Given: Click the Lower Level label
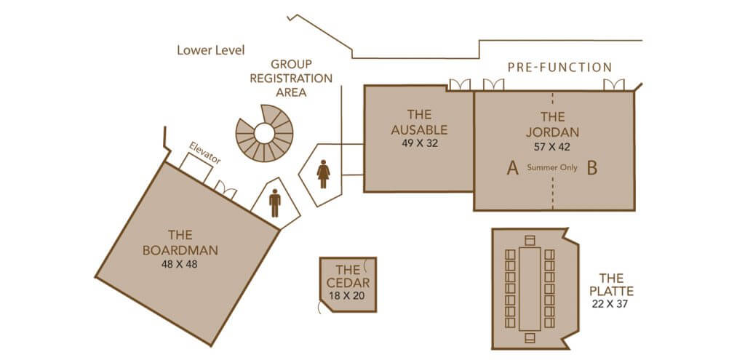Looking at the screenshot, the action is pos(210,50).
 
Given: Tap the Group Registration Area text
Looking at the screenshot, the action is pos(291,78).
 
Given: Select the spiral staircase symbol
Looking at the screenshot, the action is pos(264,134).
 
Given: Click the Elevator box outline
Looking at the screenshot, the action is pos(196,168).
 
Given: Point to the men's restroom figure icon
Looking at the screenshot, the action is pos(275,203).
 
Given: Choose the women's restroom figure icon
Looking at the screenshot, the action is pos(324,174).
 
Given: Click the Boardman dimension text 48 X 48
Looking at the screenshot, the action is pos(179,264).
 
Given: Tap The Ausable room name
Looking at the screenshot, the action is pos(419,122).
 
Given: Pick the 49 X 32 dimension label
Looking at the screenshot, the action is pos(420,143).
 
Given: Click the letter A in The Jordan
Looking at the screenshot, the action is pos(512,168).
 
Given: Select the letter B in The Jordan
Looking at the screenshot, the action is pos(591,168).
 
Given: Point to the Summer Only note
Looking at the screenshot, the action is pos(552,168).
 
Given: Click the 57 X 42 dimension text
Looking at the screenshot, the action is pos(552,147).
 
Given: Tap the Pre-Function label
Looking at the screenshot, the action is pos(559,68).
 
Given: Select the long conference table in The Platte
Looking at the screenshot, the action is pos(530,289).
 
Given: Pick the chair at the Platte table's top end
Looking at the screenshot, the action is pos(530,239).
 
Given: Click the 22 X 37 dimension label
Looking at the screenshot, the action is pos(610,304).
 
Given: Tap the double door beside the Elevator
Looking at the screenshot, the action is pos(226,190).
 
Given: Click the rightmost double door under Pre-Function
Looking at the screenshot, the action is pos(614,84).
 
